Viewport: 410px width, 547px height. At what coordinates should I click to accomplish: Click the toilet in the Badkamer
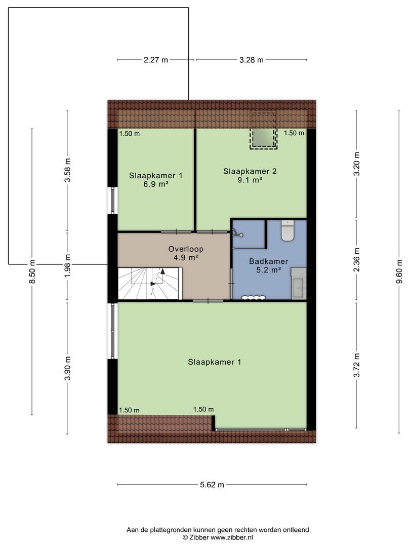pos(288,230)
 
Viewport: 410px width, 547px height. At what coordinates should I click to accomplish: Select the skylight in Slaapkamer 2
pos(263,130)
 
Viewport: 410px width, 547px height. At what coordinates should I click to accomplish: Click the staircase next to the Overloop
pos(150,283)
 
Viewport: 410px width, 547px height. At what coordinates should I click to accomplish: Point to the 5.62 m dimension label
pos(212,485)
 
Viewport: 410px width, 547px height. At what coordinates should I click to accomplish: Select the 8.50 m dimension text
pos(32,272)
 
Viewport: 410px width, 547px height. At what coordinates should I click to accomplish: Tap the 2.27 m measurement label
pos(155,60)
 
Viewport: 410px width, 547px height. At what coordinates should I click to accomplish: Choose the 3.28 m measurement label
pos(252,60)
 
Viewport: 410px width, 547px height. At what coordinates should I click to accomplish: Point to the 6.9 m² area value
pos(156,184)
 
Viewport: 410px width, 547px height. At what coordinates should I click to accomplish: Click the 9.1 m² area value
pos(250,180)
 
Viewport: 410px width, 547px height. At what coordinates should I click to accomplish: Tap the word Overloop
pos(186,249)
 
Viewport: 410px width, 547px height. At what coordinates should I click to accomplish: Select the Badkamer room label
pos(268,261)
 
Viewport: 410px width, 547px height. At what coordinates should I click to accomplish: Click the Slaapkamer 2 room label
pos(250,171)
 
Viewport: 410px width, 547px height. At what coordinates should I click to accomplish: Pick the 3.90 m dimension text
pos(68,369)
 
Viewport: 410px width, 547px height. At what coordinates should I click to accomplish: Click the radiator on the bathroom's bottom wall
pos(254,298)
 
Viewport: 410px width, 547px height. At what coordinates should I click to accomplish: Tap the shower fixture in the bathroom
pos(238,233)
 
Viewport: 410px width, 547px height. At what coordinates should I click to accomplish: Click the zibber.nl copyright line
pos(218,537)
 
